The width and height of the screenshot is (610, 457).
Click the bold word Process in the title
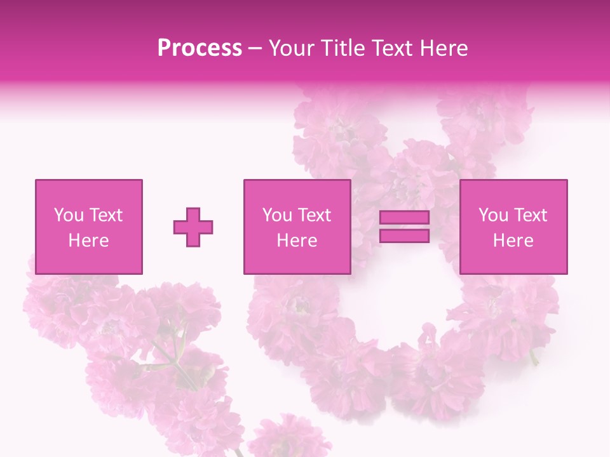point(200,48)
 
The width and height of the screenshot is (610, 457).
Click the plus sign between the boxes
point(193,227)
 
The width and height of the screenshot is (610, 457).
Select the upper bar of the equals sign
point(404,218)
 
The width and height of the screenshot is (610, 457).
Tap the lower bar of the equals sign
point(404,236)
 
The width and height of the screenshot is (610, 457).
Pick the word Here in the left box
point(88,241)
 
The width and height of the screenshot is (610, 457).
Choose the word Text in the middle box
point(315,215)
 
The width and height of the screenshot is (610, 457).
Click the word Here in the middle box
point(297,241)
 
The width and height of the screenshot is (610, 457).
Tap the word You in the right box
point(494,215)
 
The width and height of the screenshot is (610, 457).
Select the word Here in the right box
point(513,241)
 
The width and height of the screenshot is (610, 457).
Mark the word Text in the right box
point(531,215)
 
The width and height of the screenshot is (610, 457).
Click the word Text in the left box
point(106,215)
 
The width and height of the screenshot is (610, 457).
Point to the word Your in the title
point(292,48)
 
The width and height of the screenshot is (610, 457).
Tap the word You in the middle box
point(278,215)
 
